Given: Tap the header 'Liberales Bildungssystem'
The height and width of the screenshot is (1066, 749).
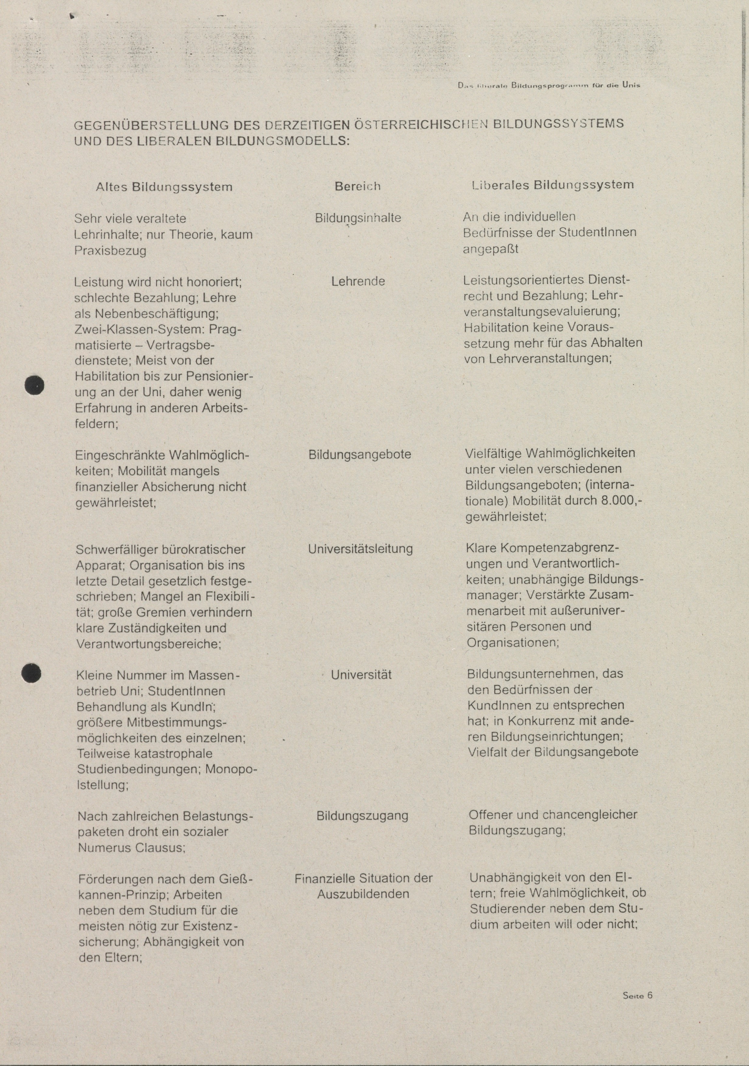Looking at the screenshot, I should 553,185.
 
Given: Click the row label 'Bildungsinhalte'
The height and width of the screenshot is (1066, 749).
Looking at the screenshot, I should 358,218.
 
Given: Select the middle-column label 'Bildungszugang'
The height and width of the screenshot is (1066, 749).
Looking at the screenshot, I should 362,816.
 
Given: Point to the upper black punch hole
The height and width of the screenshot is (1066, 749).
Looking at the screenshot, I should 34,385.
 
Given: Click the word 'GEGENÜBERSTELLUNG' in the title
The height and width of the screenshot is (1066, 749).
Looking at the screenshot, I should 151,125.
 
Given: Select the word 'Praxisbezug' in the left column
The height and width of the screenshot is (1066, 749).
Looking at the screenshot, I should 110,251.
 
